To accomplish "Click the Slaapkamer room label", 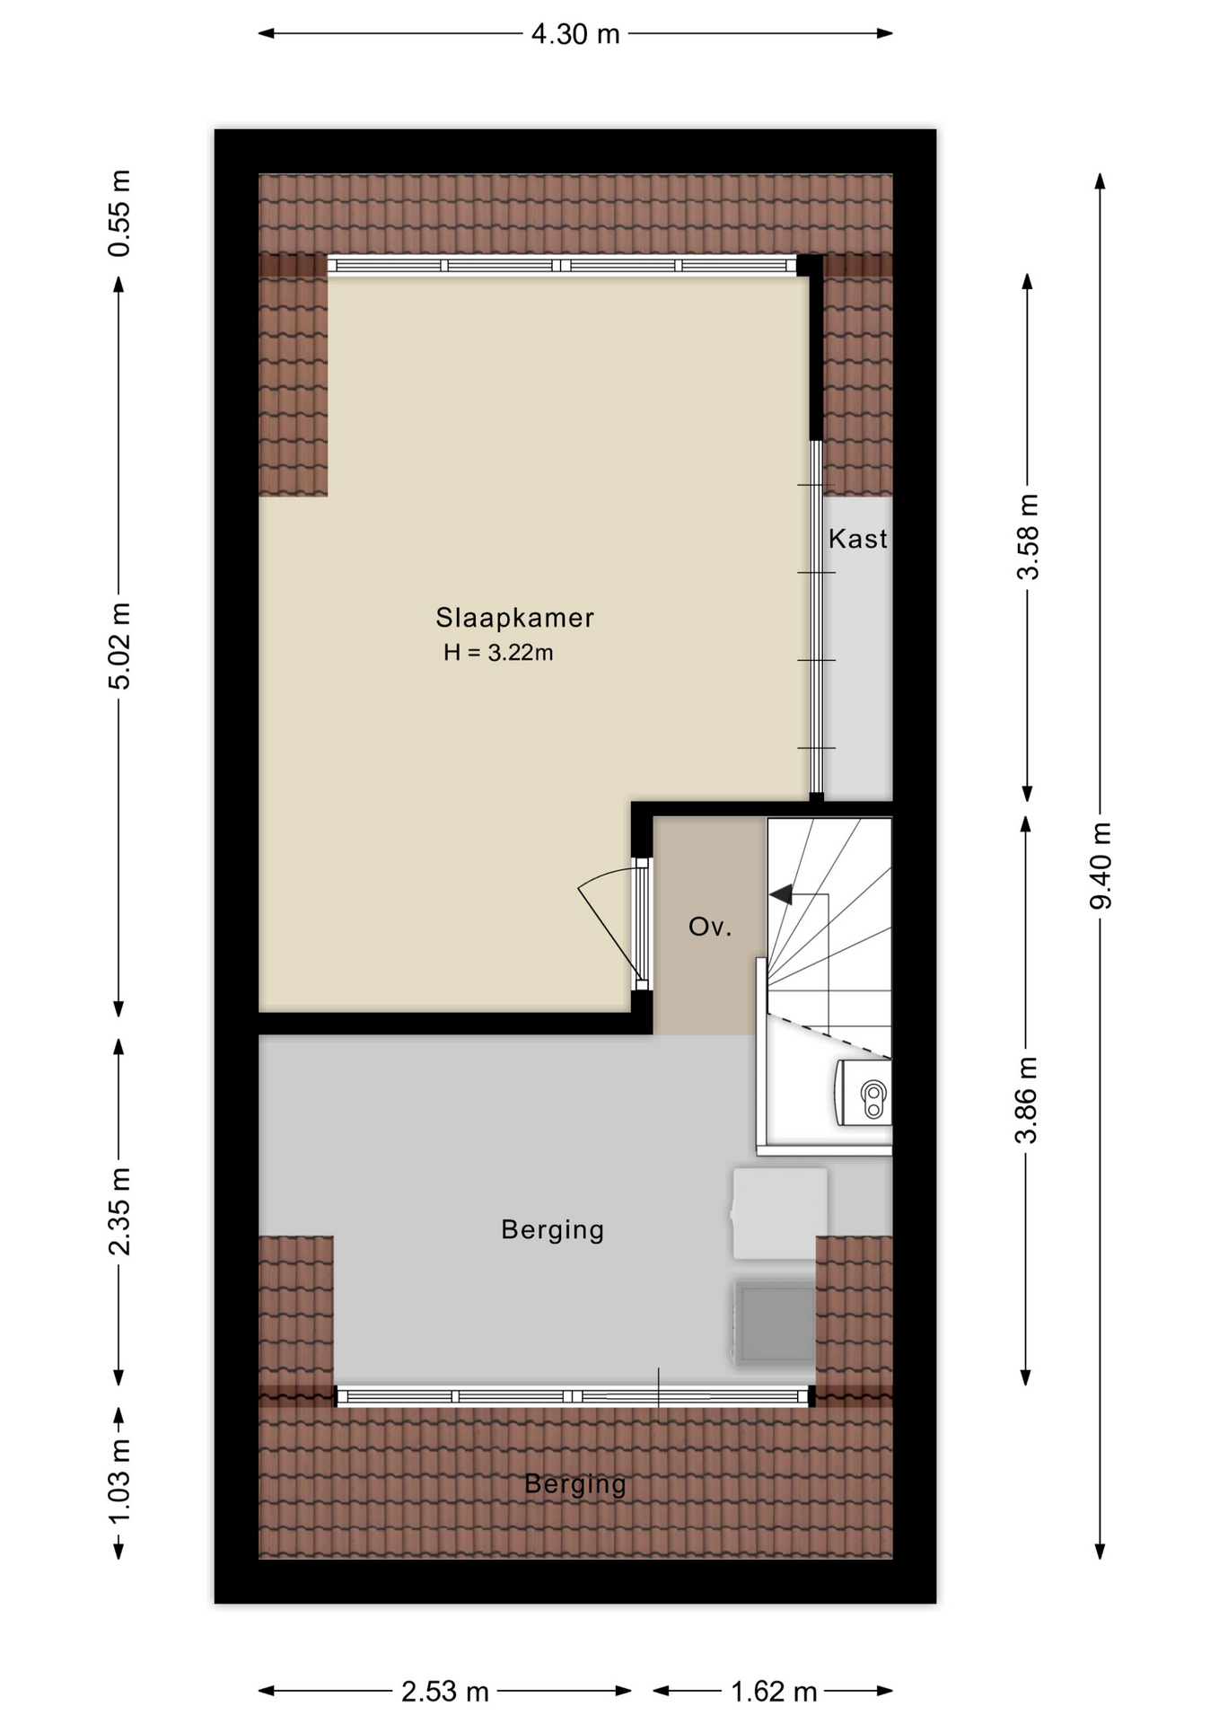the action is pos(514,618).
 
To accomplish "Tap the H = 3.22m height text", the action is pos(498,653).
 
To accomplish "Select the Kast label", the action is pos(857,539).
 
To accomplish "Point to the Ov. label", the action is pos(710,927).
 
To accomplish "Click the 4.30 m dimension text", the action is pos(575,34).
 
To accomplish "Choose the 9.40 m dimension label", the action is pos(1101,866).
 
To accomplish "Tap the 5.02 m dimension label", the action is pos(119,646).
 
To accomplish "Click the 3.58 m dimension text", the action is pos(1028,537).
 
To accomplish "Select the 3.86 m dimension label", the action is pos(1026,1100).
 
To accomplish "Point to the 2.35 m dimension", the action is pos(119,1211).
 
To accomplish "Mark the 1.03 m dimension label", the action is pos(119,1482).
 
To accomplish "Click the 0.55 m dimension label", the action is pos(119,213).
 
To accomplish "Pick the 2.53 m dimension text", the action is pos(445,1692).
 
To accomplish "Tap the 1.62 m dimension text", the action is pos(774,1692).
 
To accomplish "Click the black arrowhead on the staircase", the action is pos(781,894).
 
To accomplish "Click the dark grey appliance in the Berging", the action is pos(775,1323).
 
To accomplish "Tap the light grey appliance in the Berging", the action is pos(779,1213).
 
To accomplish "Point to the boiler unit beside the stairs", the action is pos(864,1092).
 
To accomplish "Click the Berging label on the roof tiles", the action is pos(575,1483).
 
